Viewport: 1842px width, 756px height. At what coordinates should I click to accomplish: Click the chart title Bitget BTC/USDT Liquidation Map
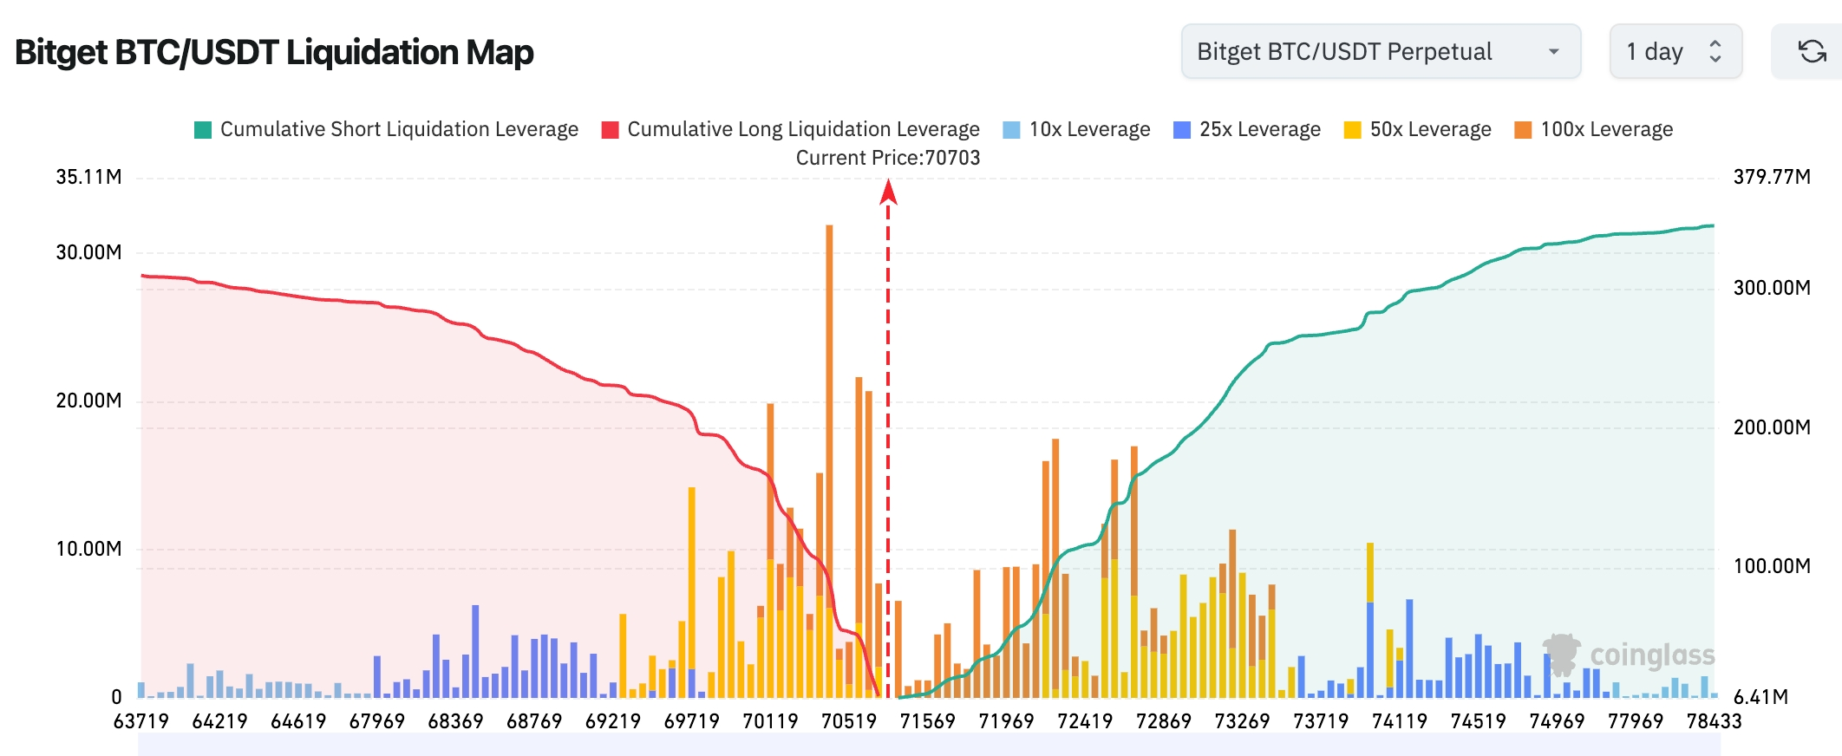274,52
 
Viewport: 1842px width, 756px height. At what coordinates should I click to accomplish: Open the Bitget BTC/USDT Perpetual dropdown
1380,52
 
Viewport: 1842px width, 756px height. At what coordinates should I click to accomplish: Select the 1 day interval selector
1675,52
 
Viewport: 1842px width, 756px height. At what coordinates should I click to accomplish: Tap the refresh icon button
1812,52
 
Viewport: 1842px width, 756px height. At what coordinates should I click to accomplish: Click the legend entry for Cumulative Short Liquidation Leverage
387,129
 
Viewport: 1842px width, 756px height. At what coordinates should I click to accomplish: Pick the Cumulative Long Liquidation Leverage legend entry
791,129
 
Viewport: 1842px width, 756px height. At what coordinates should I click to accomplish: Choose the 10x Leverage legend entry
1076,129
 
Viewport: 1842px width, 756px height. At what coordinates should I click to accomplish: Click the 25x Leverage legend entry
1247,129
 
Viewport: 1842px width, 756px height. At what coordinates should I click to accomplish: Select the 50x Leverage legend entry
1418,129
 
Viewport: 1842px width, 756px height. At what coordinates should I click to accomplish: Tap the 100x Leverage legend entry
1594,129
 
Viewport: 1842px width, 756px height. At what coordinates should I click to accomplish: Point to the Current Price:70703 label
888,158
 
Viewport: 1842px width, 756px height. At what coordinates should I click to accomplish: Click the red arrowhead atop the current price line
888,192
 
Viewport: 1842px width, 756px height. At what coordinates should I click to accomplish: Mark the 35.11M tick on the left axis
88,177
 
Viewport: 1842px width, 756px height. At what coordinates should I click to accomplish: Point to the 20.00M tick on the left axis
88,401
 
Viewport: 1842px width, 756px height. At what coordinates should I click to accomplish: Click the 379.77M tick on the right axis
1772,177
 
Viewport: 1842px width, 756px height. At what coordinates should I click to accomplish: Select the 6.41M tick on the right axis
1760,697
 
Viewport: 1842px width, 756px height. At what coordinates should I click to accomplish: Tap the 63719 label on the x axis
141,721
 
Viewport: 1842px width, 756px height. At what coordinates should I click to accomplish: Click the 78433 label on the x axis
1714,721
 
